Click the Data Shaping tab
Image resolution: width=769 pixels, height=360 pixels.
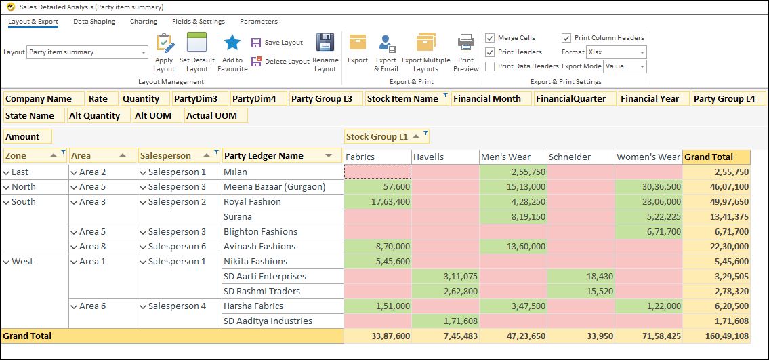pos(94,22)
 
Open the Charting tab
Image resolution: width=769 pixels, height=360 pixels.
pos(144,22)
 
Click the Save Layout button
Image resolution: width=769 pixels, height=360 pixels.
pos(277,43)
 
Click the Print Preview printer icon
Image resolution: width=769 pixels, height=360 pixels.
pos(466,43)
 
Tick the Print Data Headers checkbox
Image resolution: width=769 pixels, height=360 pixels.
pos(490,66)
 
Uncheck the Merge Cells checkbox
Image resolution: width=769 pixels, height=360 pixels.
pos(490,38)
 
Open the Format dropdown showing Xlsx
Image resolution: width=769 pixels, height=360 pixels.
pos(616,52)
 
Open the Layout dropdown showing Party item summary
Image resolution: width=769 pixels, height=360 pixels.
pos(87,52)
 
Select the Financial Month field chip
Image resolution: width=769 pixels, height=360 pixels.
pos(487,99)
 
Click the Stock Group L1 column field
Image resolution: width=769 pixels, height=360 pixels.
pos(377,137)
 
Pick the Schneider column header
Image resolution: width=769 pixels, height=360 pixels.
pos(569,157)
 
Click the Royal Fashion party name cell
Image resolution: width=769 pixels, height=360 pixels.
pos(252,202)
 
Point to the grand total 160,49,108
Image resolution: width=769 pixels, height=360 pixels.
pos(716,336)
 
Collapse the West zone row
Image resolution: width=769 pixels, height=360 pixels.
pos(7,262)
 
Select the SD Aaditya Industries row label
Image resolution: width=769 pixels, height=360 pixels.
pos(268,321)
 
